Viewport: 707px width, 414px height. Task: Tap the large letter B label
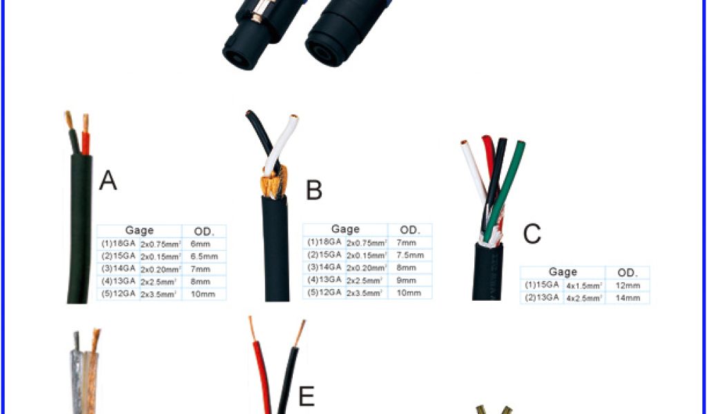[313, 190]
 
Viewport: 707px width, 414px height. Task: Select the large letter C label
[531, 234]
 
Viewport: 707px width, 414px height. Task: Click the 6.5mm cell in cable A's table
[204, 256]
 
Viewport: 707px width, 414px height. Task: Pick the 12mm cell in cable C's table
[628, 285]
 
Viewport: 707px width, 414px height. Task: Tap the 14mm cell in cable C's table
[628, 298]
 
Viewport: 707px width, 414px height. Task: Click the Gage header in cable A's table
[139, 230]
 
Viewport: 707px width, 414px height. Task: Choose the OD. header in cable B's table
[410, 230]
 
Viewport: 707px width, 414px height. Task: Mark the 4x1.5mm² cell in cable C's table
[584, 285]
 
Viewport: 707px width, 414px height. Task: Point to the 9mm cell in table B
[407, 280]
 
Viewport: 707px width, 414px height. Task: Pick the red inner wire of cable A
[85, 138]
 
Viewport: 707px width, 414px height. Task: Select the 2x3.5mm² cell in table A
[159, 295]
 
